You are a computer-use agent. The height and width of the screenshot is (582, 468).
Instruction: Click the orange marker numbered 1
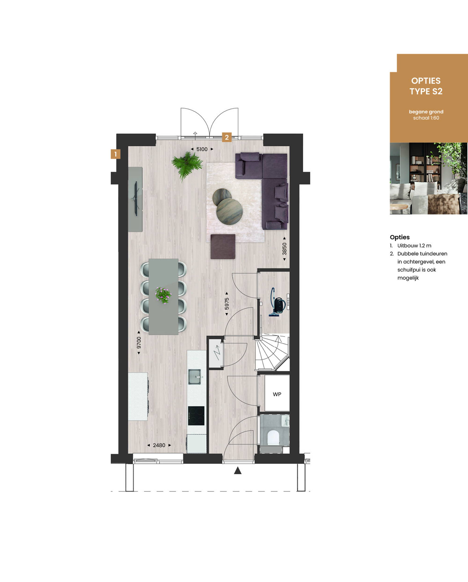pos(116,154)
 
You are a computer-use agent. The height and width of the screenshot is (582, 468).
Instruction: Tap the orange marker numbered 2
pos(227,137)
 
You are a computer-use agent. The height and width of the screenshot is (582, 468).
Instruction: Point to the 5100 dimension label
pos(202,149)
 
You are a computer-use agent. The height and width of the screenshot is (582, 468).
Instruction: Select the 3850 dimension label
pos(285,249)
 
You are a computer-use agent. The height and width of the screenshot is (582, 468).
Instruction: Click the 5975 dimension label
pos(227,304)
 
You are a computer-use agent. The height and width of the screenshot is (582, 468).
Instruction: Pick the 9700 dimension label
pos(139,343)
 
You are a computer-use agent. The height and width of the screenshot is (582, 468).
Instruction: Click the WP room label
pos(277,394)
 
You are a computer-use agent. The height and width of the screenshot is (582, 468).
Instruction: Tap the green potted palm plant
pos(187,165)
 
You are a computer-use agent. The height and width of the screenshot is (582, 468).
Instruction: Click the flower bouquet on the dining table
pos(163,295)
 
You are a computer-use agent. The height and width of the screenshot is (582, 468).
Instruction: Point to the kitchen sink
pos(195,377)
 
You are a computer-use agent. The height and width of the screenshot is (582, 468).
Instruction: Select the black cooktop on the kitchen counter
pos(196,416)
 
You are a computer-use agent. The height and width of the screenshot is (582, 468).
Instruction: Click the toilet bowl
pos(273,438)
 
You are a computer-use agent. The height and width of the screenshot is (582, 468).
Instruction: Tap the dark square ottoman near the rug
pos(223,246)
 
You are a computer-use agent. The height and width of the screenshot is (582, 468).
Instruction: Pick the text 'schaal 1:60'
pos(426,118)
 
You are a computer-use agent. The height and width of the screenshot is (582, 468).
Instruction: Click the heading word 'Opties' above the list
pos(400,237)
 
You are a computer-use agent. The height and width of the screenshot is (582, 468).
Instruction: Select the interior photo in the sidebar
pos(429,178)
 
